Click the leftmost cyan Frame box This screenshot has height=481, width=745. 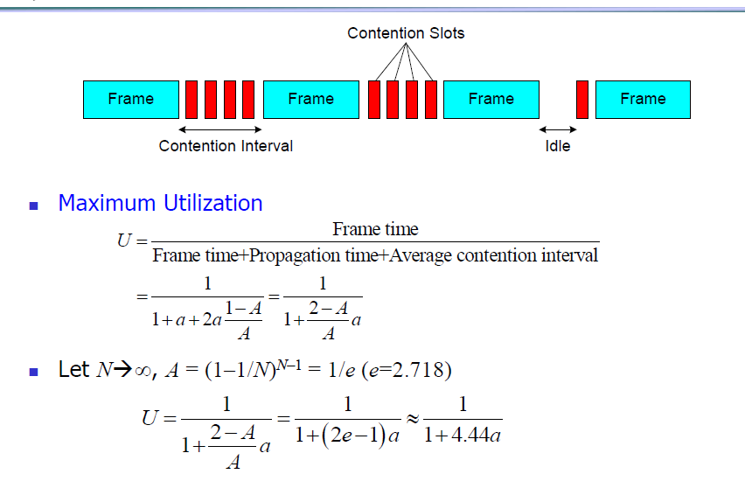pyautogui.click(x=130, y=100)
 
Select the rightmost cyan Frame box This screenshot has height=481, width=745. pyautogui.click(x=643, y=100)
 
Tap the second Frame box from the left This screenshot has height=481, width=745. pyautogui.click(x=310, y=100)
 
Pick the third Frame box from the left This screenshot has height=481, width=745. pyautogui.click(x=491, y=100)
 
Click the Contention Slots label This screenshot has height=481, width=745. pyautogui.click(x=406, y=33)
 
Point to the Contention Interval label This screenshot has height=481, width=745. pyautogui.click(x=226, y=146)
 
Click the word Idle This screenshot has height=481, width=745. pyautogui.click(x=558, y=146)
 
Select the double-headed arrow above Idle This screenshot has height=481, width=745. pyautogui.click(x=558, y=130)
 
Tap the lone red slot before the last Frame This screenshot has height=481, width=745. pyautogui.click(x=582, y=100)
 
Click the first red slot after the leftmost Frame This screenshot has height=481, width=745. pyautogui.click(x=191, y=100)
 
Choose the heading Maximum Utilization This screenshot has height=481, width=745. pyautogui.click(x=160, y=204)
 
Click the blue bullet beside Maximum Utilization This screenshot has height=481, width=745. pyautogui.click(x=35, y=206)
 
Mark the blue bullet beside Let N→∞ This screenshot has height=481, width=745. pyautogui.click(x=35, y=372)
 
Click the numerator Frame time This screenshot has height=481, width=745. pyautogui.click(x=375, y=230)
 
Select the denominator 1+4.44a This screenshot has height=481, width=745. pyautogui.click(x=463, y=436)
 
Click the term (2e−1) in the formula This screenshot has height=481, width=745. pyautogui.click(x=359, y=436)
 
